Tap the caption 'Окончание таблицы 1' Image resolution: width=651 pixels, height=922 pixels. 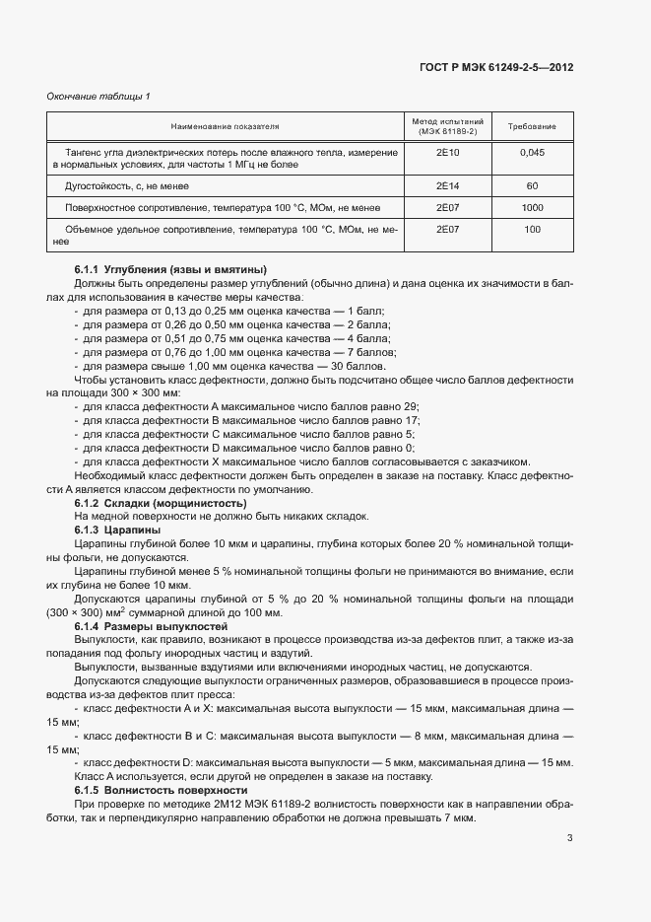98,96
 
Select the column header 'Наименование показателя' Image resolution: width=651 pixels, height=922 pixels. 225,127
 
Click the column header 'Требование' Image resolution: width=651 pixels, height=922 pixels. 532,127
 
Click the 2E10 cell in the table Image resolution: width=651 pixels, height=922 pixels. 447,153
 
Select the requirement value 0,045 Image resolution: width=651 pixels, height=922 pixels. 532,153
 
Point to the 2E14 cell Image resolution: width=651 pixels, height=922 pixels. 447,185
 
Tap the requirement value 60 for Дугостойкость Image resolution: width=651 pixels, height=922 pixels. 532,185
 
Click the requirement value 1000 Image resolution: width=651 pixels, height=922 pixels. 532,208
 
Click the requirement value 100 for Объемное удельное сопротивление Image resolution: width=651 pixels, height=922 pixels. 532,229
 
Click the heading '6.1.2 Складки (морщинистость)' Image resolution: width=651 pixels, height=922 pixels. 154,503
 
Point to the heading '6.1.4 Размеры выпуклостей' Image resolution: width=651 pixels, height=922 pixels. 151,626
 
